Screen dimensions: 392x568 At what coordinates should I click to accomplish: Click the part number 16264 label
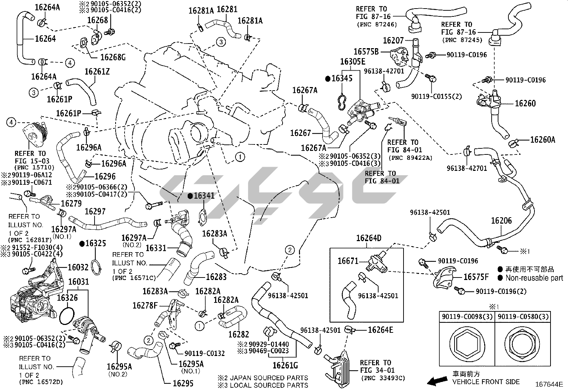pyautogui.click(x=45, y=39)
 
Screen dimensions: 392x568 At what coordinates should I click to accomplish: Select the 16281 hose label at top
pyautogui.click(x=227, y=9)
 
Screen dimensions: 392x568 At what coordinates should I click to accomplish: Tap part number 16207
pyautogui.click(x=393, y=41)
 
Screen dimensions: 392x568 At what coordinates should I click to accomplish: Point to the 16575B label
pyautogui.click(x=366, y=52)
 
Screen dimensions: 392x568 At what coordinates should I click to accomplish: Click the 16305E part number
pyautogui.click(x=353, y=62)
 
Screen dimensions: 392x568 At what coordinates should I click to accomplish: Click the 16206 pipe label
pyautogui.click(x=501, y=221)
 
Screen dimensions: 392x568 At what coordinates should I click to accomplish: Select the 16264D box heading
pyautogui.click(x=369, y=238)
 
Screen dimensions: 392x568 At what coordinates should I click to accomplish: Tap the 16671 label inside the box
pyautogui.click(x=348, y=261)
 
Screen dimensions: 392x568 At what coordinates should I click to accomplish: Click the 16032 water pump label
pyautogui.click(x=78, y=267)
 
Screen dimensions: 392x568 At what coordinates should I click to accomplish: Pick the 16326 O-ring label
pyautogui.click(x=67, y=297)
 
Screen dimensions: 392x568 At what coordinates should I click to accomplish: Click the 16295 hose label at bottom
pyautogui.click(x=183, y=383)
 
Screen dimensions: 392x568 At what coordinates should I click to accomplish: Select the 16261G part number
pyautogui.click(x=285, y=365)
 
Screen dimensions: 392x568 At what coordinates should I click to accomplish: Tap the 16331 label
pyautogui.click(x=156, y=248)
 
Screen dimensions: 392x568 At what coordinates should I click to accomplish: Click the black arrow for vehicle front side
pyautogui.click(x=438, y=381)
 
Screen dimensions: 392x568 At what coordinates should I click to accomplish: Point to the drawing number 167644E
pyautogui.click(x=548, y=385)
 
